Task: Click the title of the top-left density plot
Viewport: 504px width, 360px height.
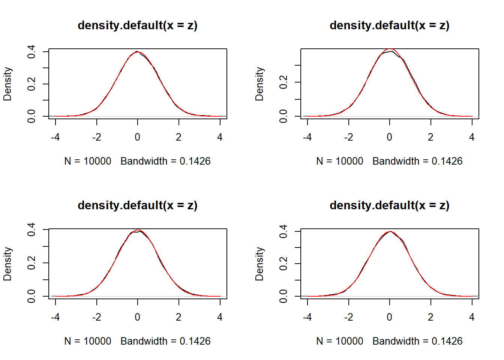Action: [x=137, y=25]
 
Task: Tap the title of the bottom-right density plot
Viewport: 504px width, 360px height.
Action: [x=389, y=205]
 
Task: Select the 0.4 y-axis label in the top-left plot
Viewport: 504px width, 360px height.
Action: [x=31, y=51]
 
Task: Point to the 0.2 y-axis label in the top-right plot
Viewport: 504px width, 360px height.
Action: [x=283, y=82]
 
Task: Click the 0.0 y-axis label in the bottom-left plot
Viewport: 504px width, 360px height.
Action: [x=31, y=296]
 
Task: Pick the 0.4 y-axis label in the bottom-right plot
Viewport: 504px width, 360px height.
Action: [x=283, y=231]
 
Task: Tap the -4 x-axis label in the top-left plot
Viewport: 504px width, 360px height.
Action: [x=55, y=137]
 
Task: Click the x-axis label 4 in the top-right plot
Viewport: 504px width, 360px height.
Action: [x=472, y=137]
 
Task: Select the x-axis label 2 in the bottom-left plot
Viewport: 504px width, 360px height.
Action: [x=178, y=317]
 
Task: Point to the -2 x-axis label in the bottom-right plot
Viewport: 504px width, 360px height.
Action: [x=348, y=317]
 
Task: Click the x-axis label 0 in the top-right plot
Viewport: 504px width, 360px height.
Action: [x=390, y=137]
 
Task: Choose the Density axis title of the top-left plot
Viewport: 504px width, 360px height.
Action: [x=7, y=84]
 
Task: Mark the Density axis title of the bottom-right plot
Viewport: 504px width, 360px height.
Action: [x=259, y=264]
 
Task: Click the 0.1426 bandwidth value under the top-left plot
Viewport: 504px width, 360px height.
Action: [x=195, y=161]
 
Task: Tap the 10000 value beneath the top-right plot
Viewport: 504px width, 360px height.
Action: [x=349, y=161]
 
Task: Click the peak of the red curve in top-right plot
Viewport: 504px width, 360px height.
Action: [x=390, y=49]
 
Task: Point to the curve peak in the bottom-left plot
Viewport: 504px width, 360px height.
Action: [x=138, y=230]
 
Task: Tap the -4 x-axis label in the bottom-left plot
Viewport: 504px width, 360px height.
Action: [x=55, y=317]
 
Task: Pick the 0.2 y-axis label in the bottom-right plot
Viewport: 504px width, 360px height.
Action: [x=283, y=264]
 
